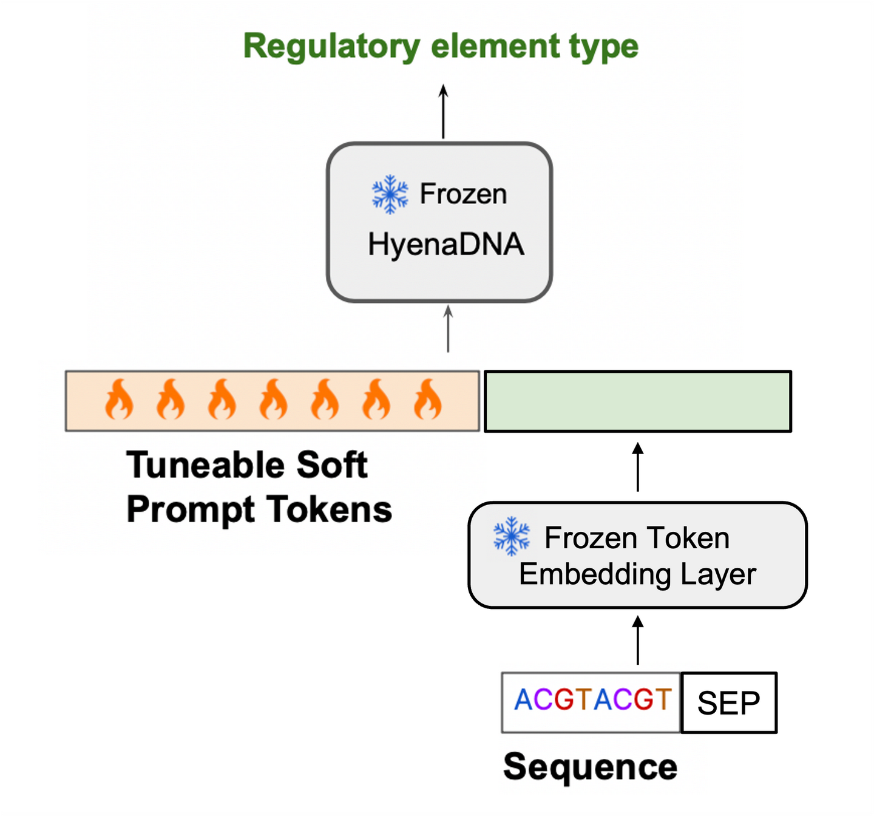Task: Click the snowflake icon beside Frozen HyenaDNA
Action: (390, 194)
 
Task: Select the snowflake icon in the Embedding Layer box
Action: (511, 535)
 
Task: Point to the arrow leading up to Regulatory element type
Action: (442, 112)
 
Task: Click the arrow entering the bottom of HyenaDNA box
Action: (447, 328)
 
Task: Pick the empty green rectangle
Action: (637, 401)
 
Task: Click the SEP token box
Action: (728, 702)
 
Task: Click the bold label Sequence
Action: (590, 767)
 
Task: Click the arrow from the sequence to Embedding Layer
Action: (637, 640)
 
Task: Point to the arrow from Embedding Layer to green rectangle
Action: (637, 467)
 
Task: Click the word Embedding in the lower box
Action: (595, 574)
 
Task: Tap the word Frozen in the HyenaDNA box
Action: (463, 194)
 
